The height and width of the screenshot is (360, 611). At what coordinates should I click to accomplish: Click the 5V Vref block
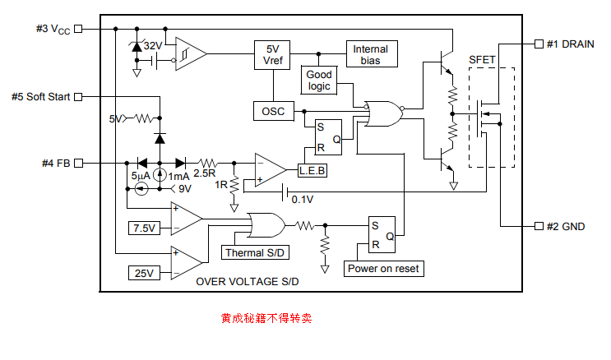[x=272, y=55]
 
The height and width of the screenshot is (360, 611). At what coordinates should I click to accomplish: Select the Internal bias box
[x=370, y=54]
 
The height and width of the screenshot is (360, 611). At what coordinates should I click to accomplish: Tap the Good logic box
[x=319, y=81]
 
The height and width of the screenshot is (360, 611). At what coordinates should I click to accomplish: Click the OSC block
[x=272, y=111]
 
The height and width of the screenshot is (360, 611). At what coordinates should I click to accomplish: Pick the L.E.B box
[x=312, y=170]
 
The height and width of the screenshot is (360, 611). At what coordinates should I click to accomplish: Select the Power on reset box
[x=383, y=269]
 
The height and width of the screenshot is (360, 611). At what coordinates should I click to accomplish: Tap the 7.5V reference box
[x=144, y=228]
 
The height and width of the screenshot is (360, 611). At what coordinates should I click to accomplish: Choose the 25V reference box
[x=144, y=273]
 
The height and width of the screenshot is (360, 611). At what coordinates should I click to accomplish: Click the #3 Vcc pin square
[x=79, y=29]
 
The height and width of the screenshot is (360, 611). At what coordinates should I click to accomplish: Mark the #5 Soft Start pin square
[x=79, y=97]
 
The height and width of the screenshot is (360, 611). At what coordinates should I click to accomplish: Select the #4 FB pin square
[x=79, y=163]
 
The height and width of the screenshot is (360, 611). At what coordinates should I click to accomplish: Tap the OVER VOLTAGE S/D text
[x=247, y=282]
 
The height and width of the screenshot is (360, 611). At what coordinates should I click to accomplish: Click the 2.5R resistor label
[x=205, y=173]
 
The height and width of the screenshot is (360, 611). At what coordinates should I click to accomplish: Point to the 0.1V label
[x=303, y=199]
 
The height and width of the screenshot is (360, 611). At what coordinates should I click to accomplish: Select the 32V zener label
[x=153, y=46]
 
